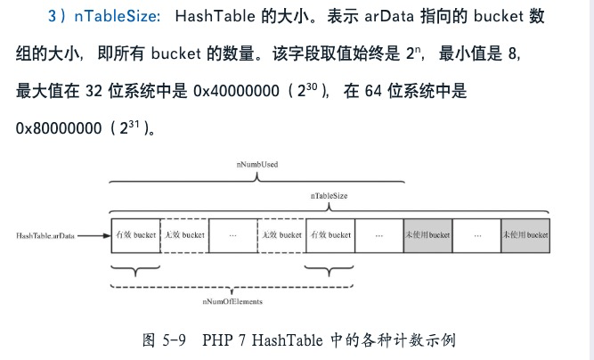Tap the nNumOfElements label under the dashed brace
point(232,302)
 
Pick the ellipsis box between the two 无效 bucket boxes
point(232,235)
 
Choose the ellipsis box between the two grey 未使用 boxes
point(476,235)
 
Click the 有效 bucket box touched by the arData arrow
point(135,235)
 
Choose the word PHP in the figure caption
point(217,340)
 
